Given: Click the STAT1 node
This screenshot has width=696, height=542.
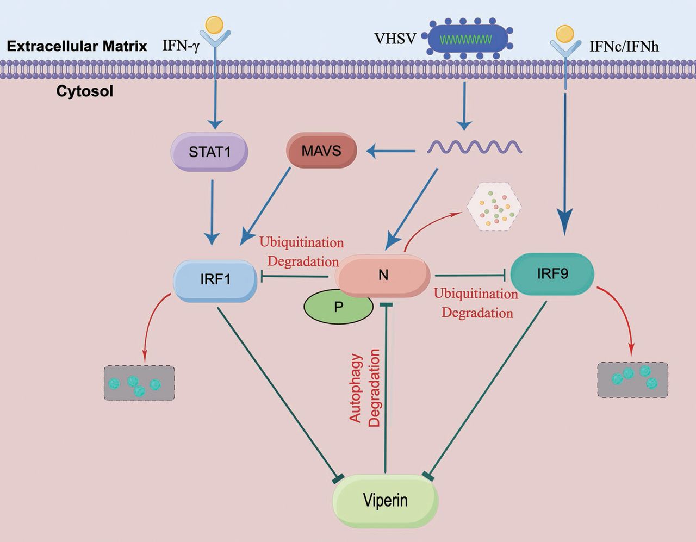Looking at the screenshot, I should [x=210, y=152].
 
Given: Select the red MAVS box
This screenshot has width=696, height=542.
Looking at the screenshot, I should [x=321, y=150].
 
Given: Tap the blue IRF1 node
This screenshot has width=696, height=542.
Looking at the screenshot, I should [x=215, y=280].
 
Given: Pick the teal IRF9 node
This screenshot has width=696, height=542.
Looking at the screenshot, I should [x=552, y=273].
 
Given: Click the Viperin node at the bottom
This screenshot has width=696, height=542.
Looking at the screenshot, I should [x=385, y=500].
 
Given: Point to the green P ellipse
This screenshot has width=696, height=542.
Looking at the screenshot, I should [x=338, y=307].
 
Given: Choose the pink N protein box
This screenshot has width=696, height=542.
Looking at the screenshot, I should [x=383, y=275].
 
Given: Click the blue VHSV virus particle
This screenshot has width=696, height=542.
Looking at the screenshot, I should [x=468, y=39].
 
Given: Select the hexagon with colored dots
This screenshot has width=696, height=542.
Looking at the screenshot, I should [x=494, y=207].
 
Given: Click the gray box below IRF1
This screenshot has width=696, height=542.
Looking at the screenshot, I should [x=139, y=383].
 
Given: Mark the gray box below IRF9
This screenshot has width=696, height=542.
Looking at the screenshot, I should [x=632, y=379].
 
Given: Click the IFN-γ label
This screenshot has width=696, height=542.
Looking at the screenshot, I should [x=181, y=46].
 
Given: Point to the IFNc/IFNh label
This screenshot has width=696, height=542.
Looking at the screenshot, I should [x=624, y=47].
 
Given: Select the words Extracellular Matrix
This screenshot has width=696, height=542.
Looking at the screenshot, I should [x=77, y=46].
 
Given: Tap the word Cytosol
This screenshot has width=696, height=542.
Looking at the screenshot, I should [x=85, y=91].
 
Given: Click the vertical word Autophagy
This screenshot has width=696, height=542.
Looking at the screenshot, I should [x=356, y=388].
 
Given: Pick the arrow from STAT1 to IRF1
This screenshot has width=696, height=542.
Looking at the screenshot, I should [x=212, y=212].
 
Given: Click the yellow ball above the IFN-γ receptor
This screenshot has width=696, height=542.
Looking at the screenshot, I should [x=215, y=24].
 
